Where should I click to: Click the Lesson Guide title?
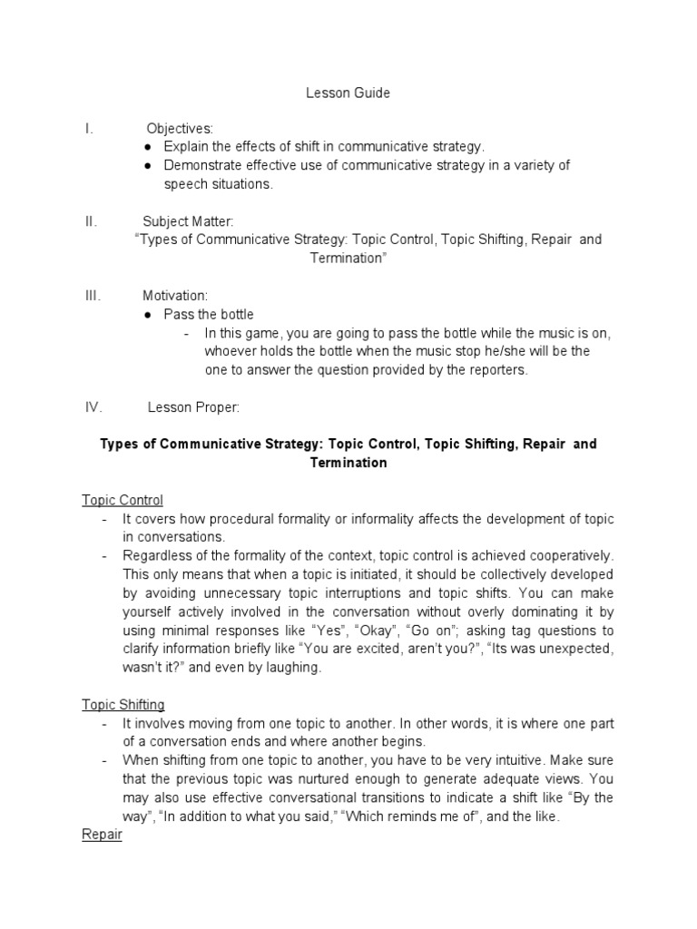pyautogui.click(x=348, y=93)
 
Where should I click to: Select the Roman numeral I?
pyautogui.click(x=87, y=129)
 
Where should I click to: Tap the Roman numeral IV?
pyautogui.click(x=92, y=407)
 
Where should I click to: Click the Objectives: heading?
pyautogui.click(x=180, y=129)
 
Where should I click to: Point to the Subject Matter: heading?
pyautogui.click(x=188, y=221)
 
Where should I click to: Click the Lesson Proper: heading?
pyautogui.click(x=193, y=407)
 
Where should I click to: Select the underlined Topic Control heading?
pyautogui.click(x=123, y=500)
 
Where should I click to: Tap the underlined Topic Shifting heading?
pyautogui.click(x=123, y=704)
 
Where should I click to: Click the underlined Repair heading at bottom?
pyautogui.click(x=102, y=835)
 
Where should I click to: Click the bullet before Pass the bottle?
pyautogui.click(x=149, y=315)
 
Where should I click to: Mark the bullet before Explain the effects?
pyautogui.click(x=149, y=147)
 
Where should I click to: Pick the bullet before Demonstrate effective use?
pyautogui.click(x=149, y=166)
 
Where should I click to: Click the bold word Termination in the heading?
pyautogui.click(x=348, y=463)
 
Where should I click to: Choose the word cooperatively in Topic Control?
pyautogui.click(x=569, y=555)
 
